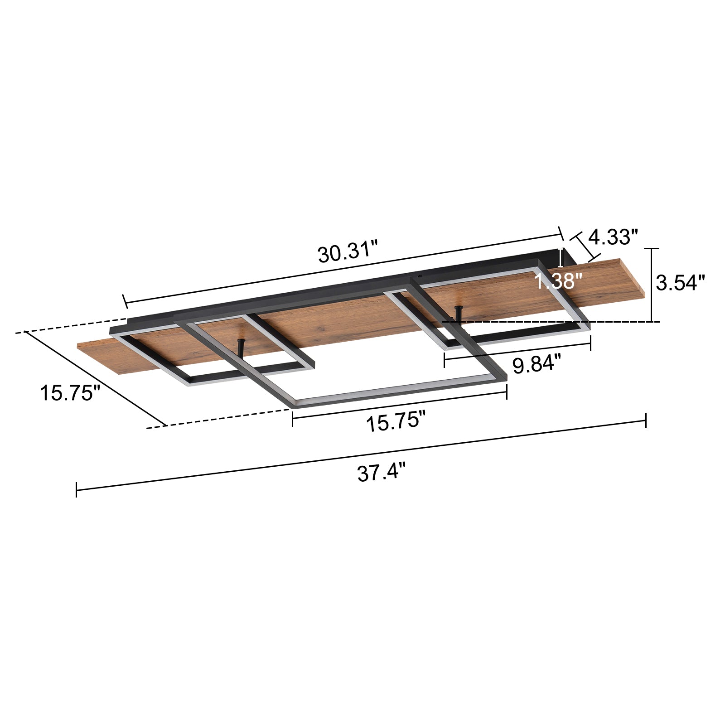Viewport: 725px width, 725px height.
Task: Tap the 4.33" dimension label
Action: [613, 237]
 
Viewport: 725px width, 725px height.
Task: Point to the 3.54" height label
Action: [681, 283]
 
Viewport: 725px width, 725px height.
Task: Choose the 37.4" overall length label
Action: [381, 474]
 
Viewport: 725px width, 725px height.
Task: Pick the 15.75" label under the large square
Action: [396, 422]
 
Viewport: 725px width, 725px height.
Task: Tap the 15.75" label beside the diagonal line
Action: [70, 392]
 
